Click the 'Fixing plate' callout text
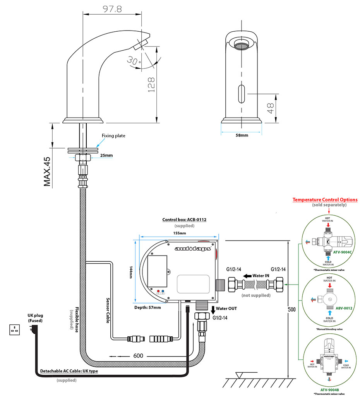click(113, 136)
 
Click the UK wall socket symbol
click(16, 330)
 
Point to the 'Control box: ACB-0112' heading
click(184, 220)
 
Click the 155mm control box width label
click(179, 233)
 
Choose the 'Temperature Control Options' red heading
click(325, 200)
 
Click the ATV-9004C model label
click(342, 252)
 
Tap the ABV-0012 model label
click(343, 308)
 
